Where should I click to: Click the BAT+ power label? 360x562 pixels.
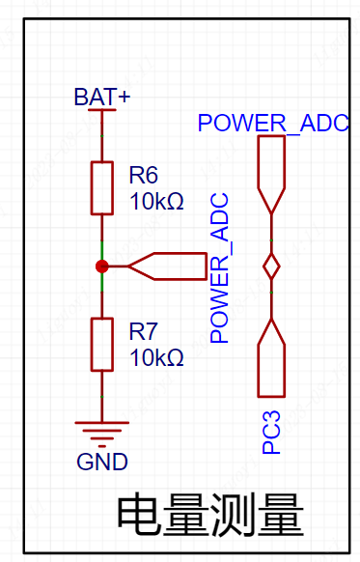(x=102, y=97)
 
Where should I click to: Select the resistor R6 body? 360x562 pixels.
(x=102, y=188)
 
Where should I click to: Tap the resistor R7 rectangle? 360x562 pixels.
(x=102, y=345)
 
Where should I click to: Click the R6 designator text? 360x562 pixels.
(x=143, y=175)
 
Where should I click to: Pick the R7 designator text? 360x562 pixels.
(x=143, y=331)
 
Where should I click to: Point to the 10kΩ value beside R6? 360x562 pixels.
(x=156, y=201)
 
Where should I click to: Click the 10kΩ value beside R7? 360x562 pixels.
(x=156, y=357)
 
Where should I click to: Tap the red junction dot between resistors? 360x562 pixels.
(x=102, y=267)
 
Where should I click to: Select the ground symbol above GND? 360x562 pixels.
(x=102, y=435)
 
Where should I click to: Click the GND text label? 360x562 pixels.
(x=102, y=462)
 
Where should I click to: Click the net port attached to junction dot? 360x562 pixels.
(x=167, y=267)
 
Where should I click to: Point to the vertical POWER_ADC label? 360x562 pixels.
(x=219, y=268)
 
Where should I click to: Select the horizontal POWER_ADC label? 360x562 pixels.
(x=273, y=123)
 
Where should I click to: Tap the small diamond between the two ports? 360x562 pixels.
(x=271, y=267)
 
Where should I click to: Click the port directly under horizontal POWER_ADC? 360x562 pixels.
(x=271, y=175)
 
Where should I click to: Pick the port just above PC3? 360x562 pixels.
(x=271, y=357)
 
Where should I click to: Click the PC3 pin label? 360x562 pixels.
(x=271, y=433)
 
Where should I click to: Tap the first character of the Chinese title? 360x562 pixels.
(x=137, y=515)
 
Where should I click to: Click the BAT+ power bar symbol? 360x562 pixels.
(x=102, y=110)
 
